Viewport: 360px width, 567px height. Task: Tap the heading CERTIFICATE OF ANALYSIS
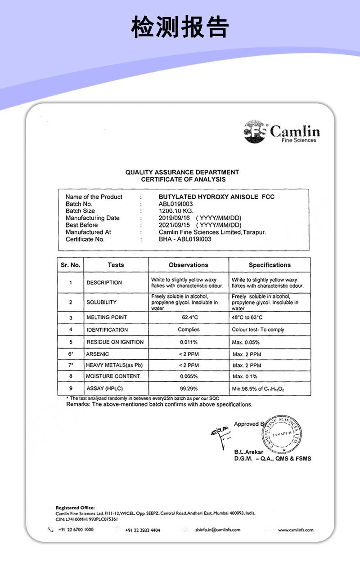(x=183, y=179)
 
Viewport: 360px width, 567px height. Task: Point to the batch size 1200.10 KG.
(x=176, y=211)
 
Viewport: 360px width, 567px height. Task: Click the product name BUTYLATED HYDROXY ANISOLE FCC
(x=216, y=197)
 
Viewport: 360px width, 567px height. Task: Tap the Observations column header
(x=189, y=265)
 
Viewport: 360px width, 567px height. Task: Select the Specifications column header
(x=270, y=265)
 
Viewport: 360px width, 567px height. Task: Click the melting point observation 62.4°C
(x=189, y=317)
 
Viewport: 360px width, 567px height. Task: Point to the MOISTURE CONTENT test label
(x=113, y=376)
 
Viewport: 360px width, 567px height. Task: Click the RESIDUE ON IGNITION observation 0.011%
(x=189, y=342)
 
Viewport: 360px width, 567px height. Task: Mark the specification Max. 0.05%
(x=246, y=342)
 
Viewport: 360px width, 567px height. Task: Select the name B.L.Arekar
(x=248, y=452)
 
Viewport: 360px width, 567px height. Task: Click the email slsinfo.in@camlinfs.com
(x=218, y=530)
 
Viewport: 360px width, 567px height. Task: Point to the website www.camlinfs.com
(x=296, y=530)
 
